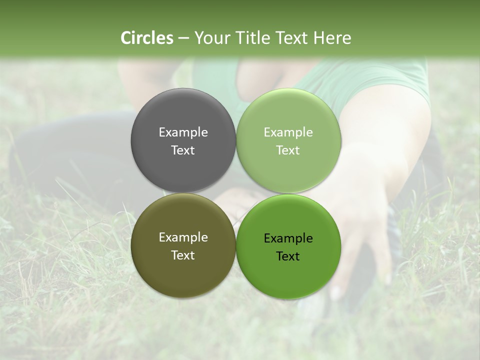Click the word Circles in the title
147,38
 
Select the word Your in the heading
211,38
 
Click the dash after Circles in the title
183,38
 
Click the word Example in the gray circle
183,132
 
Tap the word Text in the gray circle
183,150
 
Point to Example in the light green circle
288,132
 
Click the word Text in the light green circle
288,150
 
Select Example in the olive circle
183,237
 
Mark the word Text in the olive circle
183,255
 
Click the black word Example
288,238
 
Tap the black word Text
288,256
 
